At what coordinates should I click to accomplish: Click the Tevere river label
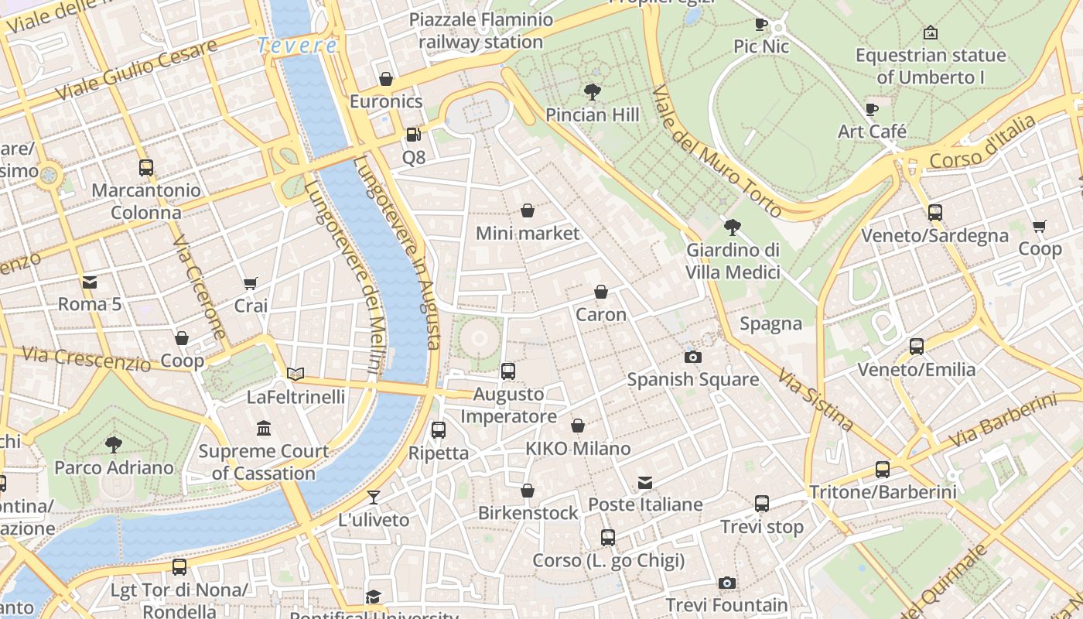pyautogui.click(x=298, y=46)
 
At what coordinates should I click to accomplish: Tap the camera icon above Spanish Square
pyautogui.click(x=692, y=357)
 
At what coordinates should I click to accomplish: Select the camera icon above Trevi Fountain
pyautogui.click(x=726, y=583)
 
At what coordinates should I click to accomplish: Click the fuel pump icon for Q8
pyautogui.click(x=414, y=135)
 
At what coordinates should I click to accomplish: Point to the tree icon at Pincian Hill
pyautogui.click(x=593, y=92)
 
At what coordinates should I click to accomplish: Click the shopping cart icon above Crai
pyautogui.click(x=250, y=283)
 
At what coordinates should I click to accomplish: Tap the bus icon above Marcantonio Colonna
pyautogui.click(x=145, y=167)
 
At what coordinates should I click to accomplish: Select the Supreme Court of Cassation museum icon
pyautogui.click(x=264, y=428)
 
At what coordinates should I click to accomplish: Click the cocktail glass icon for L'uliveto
pyautogui.click(x=374, y=497)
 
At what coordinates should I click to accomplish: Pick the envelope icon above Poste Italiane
pyautogui.click(x=644, y=483)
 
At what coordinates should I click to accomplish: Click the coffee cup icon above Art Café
pyautogui.click(x=872, y=109)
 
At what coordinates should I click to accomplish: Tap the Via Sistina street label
pyautogui.click(x=815, y=400)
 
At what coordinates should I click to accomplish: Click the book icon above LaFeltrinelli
pyautogui.click(x=296, y=374)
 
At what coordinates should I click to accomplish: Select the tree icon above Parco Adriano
pyautogui.click(x=114, y=444)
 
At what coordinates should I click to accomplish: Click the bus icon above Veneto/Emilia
pyautogui.click(x=917, y=347)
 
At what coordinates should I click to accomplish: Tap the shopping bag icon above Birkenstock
pyautogui.click(x=528, y=491)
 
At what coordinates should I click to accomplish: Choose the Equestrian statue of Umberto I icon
pyautogui.click(x=931, y=32)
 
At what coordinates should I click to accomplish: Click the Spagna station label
pyautogui.click(x=770, y=323)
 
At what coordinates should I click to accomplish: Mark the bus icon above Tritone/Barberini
pyautogui.click(x=883, y=469)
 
